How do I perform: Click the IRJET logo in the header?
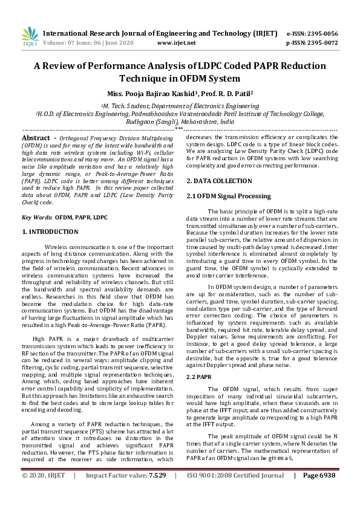coord(30,37)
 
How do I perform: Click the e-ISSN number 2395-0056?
coord(326,33)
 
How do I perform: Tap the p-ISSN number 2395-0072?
coord(326,43)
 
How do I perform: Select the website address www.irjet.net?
coord(176,43)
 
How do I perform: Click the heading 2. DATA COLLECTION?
coord(218,181)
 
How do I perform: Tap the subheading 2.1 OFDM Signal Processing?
coord(229,196)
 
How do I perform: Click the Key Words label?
coord(36,216)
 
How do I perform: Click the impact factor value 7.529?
coord(154,493)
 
